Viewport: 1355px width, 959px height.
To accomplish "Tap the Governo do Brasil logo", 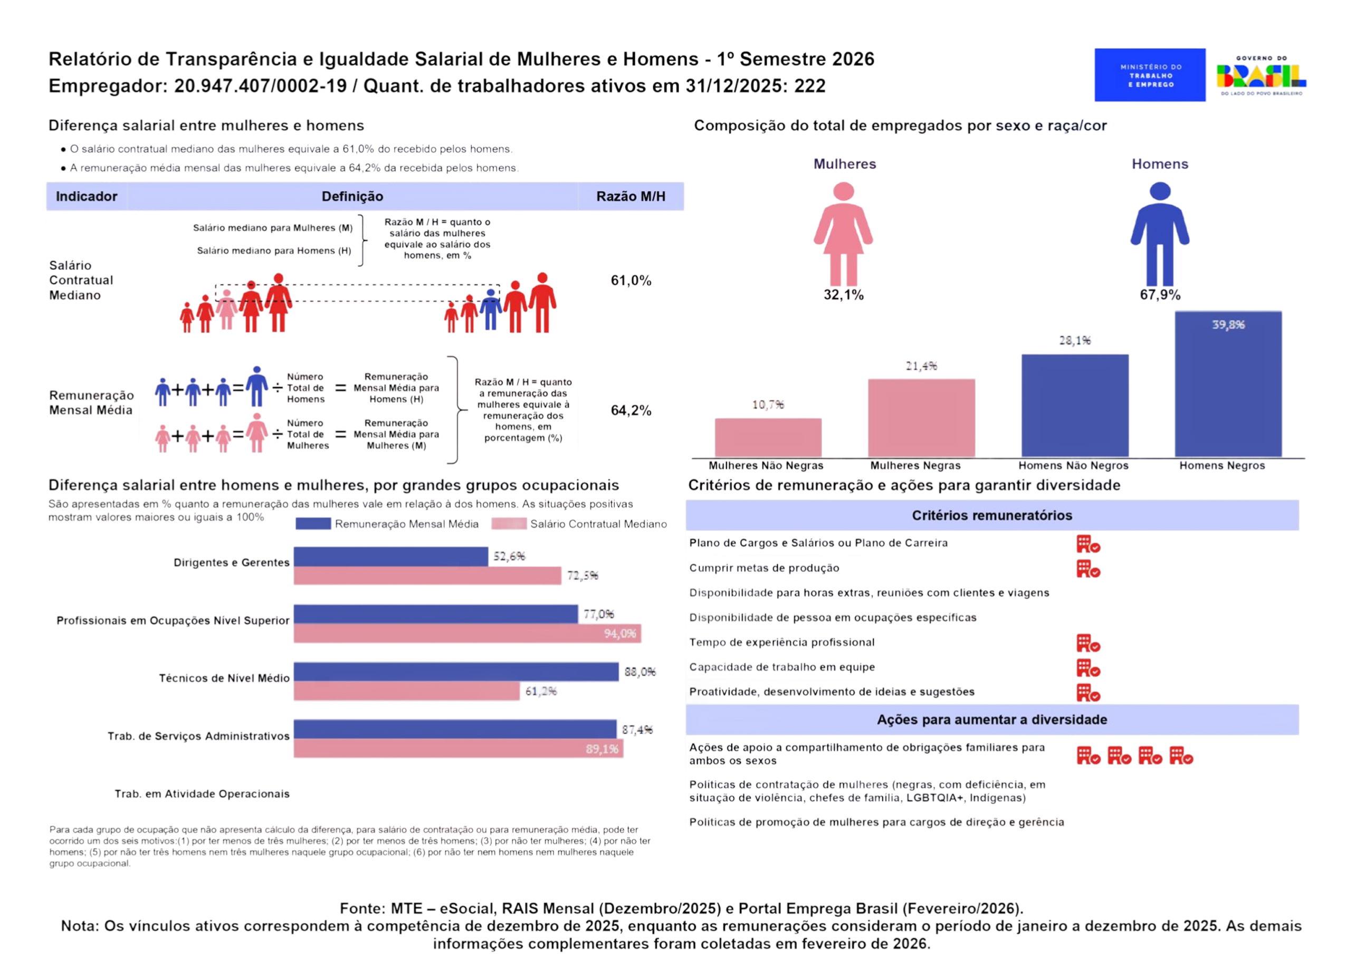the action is coord(1261,75).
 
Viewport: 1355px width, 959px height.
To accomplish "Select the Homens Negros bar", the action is coord(1228,384).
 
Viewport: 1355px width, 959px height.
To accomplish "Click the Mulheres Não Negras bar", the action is coord(768,438).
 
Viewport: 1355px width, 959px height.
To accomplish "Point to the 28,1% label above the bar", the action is coord(1075,340).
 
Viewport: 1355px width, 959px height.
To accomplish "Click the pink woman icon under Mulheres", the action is coord(844,234).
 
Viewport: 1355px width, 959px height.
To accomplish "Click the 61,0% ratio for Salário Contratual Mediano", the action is coord(631,281).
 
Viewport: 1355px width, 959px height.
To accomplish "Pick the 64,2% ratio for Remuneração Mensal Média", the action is coord(631,410).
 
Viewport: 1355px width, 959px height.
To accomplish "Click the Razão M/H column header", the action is coord(631,197).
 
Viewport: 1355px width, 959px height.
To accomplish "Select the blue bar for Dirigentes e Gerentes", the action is coord(391,557).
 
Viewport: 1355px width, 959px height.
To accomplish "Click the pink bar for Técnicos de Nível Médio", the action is coord(407,691).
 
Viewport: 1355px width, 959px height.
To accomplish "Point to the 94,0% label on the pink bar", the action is coord(619,634).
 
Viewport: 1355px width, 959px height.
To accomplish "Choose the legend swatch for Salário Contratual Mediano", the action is coord(509,524).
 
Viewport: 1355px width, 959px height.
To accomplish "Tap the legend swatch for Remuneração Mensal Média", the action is coord(313,524).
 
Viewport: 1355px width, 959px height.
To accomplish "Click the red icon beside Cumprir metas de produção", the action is coord(1088,569).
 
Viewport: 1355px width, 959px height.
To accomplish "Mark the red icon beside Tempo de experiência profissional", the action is coord(1088,644).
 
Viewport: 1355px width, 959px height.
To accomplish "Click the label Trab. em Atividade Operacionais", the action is coord(202,794).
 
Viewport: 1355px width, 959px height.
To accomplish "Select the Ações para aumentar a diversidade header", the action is coord(992,720).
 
